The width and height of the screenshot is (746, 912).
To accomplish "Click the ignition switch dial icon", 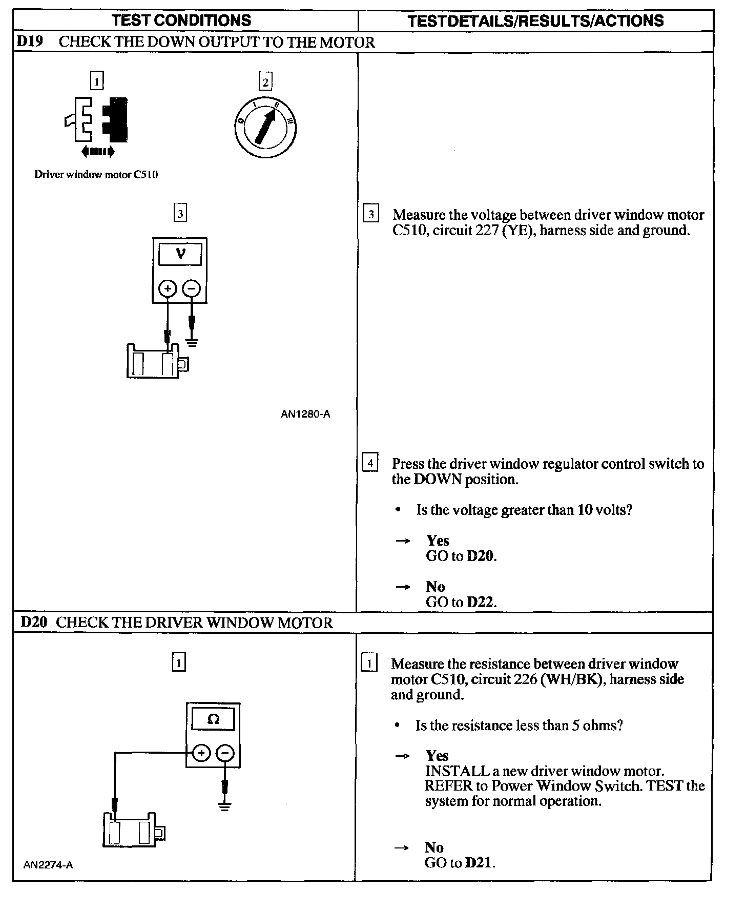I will coord(265,127).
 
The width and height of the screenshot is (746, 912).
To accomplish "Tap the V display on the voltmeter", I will coord(180,254).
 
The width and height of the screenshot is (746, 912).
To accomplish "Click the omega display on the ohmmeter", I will coord(213,719).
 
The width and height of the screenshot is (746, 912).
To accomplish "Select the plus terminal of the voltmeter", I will coord(167,289).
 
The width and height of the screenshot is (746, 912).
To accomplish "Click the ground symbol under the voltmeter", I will coord(192,342).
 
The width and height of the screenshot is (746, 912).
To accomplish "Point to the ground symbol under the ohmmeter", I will coord(224,806).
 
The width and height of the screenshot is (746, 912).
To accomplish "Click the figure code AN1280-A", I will coord(305,414).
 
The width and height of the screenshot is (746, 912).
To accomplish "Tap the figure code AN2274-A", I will coord(48,865).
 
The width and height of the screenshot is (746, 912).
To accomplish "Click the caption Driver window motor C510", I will coord(96,175).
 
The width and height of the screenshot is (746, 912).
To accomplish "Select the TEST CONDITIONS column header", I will coord(181,20).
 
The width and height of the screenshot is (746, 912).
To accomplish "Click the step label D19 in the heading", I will coord(30,42).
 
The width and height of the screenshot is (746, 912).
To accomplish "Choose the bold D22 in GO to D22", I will coord(481,602).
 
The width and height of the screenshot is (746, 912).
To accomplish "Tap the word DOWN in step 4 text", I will coord(438,480).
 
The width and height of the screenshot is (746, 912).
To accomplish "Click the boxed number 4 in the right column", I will coord(370,463).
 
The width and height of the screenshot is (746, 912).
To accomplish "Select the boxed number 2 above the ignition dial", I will coord(265,82).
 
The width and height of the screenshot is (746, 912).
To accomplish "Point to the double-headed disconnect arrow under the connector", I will coord(98,151).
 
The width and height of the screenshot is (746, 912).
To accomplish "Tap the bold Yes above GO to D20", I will coord(438,541).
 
